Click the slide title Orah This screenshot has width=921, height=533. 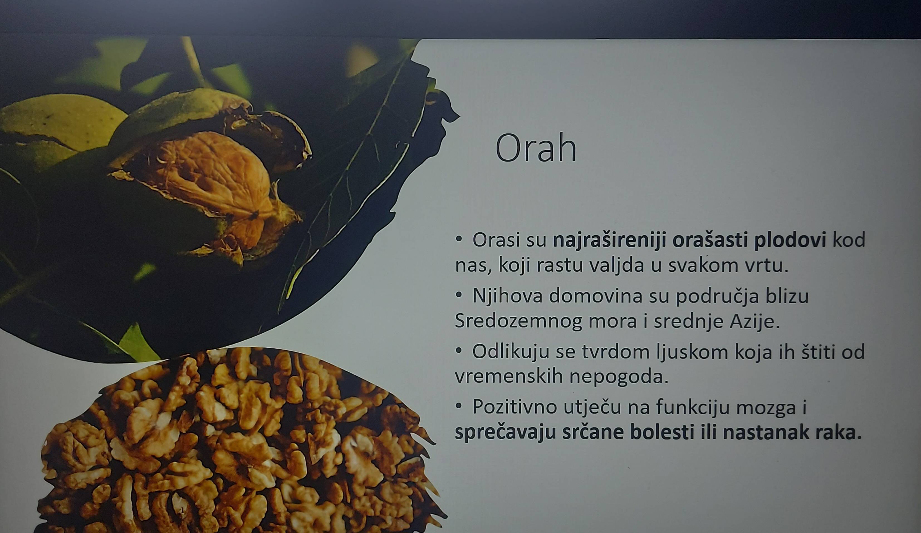[x=536, y=148]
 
